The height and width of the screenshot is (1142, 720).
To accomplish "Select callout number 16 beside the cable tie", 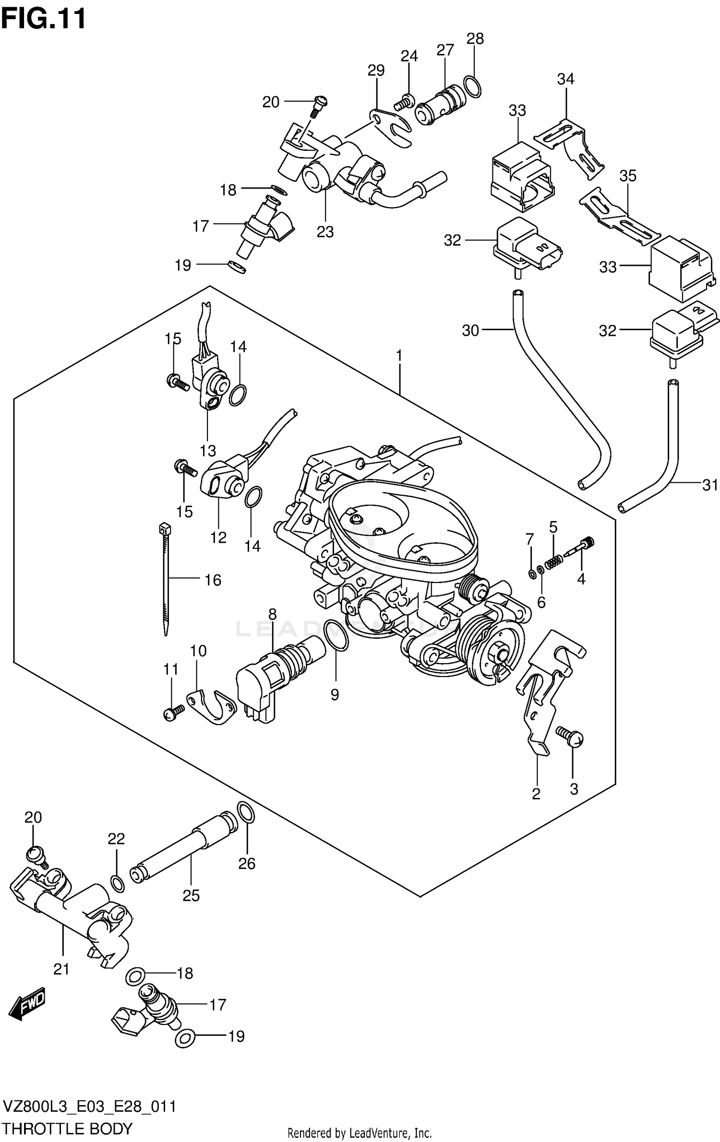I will tap(213, 580).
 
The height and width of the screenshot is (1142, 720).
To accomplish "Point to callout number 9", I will tap(335, 694).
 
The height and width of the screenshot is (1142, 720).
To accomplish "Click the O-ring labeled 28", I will tap(473, 86).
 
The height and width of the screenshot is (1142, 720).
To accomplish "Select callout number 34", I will tap(565, 79).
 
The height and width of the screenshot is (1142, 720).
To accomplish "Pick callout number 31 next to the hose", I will tap(710, 485).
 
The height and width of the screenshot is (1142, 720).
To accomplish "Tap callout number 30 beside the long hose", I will tap(470, 330).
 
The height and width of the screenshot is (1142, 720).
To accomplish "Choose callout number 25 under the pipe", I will tap(191, 895).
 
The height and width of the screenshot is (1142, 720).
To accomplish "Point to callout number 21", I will tap(61, 969).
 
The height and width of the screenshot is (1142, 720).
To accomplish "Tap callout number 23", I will tap(325, 232).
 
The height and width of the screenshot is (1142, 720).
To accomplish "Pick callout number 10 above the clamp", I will tap(198, 651).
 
